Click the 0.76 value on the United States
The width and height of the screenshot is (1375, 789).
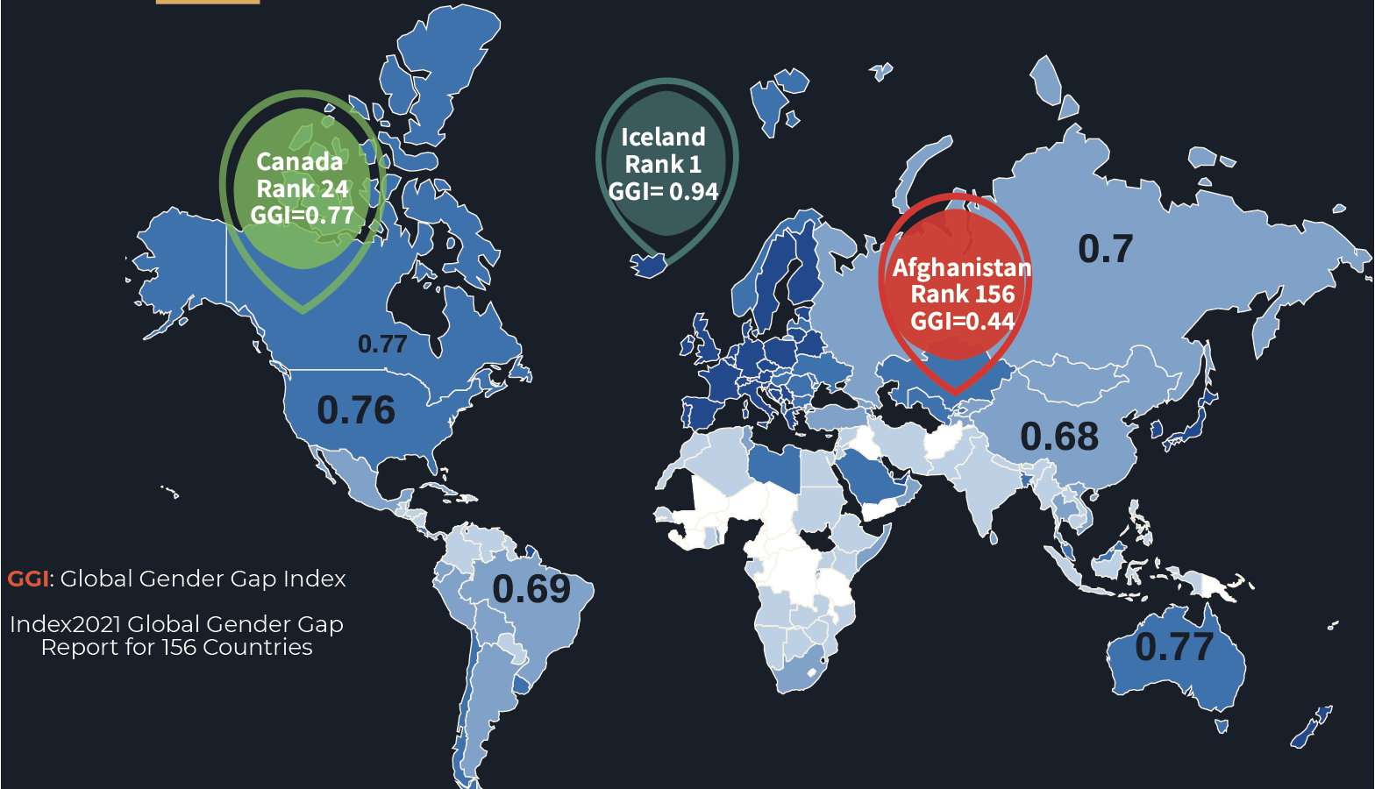click(356, 410)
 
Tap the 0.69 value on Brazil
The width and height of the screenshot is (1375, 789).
click(531, 589)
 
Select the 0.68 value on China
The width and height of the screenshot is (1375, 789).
click(1059, 437)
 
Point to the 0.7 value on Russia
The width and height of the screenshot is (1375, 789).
click(1105, 250)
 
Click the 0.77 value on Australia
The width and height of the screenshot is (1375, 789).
click(1174, 647)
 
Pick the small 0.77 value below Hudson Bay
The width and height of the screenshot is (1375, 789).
click(382, 344)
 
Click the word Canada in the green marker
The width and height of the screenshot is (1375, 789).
click(299, 162)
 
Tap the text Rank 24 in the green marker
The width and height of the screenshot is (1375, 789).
click(303, 188)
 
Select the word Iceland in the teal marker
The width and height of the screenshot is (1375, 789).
click(663, 137)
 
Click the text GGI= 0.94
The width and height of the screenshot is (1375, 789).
click(663, 191)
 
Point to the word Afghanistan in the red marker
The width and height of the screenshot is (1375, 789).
click(962, 267)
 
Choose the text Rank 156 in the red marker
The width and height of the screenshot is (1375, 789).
click(963, 295)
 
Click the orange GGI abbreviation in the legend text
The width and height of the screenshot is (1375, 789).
click(28, 579)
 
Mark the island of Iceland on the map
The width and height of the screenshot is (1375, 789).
click(648, 264)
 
